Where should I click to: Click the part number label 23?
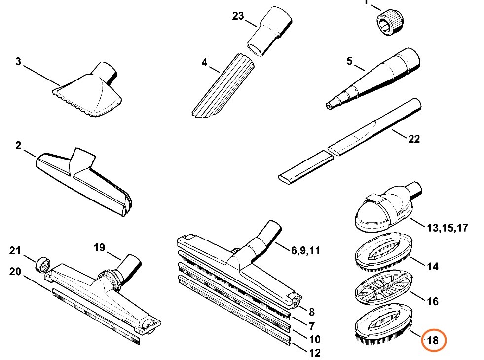[x=238, y=16]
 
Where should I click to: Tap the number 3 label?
[x=18, y=62]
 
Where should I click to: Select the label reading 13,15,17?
[x=447, y=228]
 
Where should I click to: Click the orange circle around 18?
[x=433, y=340]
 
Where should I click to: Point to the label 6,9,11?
[x=305, y=251]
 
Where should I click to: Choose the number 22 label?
[x=413, y=139]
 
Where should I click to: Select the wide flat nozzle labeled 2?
[x=84, y=180]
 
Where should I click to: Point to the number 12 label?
[x=314, y=353]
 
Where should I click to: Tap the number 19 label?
[x=99, y=247]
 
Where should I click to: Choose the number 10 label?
[x=314, y=340]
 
